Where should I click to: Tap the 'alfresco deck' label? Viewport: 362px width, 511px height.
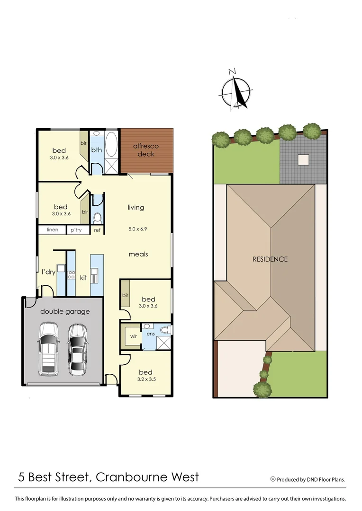pos(146,150)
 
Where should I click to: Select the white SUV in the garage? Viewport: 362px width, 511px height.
pos(49,348)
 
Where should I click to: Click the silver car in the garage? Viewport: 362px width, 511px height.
pos(77,349)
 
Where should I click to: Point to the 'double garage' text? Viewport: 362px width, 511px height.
pos(64,311)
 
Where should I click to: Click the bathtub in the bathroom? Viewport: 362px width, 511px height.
pos(112,145)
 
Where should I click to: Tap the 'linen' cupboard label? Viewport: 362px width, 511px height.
pos(52,230)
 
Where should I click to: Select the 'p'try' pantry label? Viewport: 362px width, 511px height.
pos(76,230)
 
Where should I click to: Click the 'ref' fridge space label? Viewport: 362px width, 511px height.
pos(97,230)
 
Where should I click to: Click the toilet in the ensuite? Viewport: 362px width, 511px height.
pos(165,329)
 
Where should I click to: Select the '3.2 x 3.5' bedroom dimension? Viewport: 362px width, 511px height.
pos(146,379)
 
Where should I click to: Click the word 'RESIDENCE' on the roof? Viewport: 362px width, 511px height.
pos(270,259)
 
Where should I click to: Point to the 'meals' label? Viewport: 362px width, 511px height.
pos(138,254)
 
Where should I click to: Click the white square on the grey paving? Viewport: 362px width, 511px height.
pos(303,159)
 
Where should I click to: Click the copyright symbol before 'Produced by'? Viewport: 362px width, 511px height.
pos(273,479)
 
